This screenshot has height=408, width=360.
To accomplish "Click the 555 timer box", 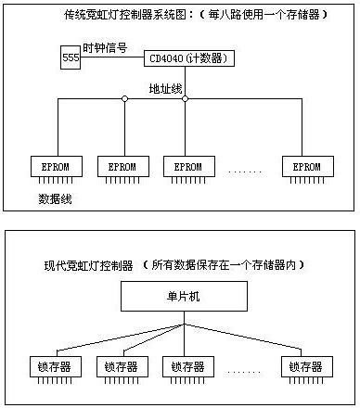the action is [71, 57].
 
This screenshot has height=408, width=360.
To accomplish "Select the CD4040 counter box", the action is [189, 58].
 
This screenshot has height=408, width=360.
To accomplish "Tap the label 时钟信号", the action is [105, 48].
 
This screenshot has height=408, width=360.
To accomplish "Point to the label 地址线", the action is [165, 89].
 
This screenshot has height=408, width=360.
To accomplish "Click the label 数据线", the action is [55, 198].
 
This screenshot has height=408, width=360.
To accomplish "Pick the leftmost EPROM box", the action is [57, 166].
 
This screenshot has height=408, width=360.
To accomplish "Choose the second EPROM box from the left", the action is [123, 166].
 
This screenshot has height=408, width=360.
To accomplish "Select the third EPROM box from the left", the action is [189, 166].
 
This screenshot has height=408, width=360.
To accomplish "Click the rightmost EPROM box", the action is [308, 166].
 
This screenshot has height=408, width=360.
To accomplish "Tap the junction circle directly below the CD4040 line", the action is [185, 99].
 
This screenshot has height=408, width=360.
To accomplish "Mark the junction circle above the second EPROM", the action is [124, 99].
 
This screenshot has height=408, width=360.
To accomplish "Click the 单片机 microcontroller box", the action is [184, 296].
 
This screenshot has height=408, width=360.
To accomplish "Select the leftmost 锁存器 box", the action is [56, 366].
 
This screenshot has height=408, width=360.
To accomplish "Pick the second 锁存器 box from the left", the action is [122, 366].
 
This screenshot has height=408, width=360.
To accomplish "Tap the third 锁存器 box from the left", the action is [188, 366].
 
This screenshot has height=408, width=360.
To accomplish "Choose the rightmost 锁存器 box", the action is [307, 366].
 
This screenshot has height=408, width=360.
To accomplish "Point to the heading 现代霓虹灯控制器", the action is [89, 265].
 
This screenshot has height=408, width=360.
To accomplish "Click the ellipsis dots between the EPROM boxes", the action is [245, 172].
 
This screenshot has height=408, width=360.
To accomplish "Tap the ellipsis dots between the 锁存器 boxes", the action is [244, 372].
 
